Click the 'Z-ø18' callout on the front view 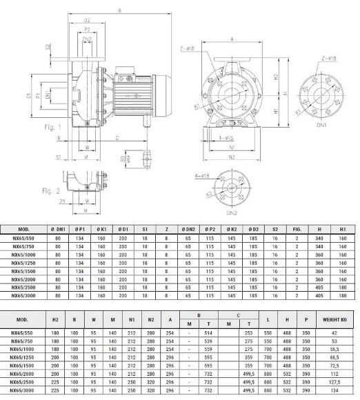click(x=187, y=49)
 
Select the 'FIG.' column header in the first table click(x=297, y=228)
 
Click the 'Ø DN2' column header click(x=187, y=228)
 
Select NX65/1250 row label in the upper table click(x=22, y=263)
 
